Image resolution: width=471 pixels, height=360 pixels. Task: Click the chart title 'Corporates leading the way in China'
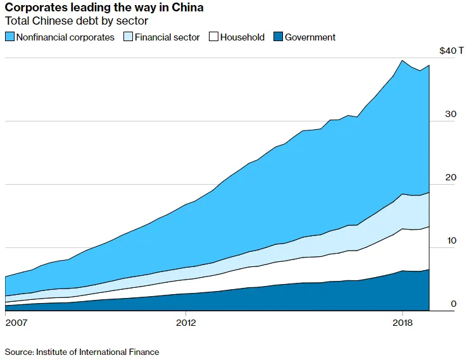coord(104,8)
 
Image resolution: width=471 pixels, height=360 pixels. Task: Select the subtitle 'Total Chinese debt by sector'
coord(77,22)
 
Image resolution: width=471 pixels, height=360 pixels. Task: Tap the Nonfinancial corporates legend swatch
coord(9,37)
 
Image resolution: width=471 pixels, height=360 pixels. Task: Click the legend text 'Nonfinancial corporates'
coord(65,37)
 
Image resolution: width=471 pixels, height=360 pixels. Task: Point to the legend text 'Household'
coord(242,37)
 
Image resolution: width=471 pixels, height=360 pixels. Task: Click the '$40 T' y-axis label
coord(451,51)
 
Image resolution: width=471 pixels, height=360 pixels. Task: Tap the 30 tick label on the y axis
coord(450,114)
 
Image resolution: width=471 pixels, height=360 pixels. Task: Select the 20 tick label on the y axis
coord(450,177)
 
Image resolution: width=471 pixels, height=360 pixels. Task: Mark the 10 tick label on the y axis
coord(450,240)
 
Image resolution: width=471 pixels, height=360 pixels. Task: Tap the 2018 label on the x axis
coord(403,323)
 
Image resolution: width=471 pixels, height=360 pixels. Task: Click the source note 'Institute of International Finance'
coord(97,352)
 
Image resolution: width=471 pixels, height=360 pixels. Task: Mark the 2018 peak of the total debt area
coord(403,60)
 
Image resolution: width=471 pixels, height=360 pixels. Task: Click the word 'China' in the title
coord(188,8)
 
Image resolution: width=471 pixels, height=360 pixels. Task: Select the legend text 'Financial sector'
coord(167,37)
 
